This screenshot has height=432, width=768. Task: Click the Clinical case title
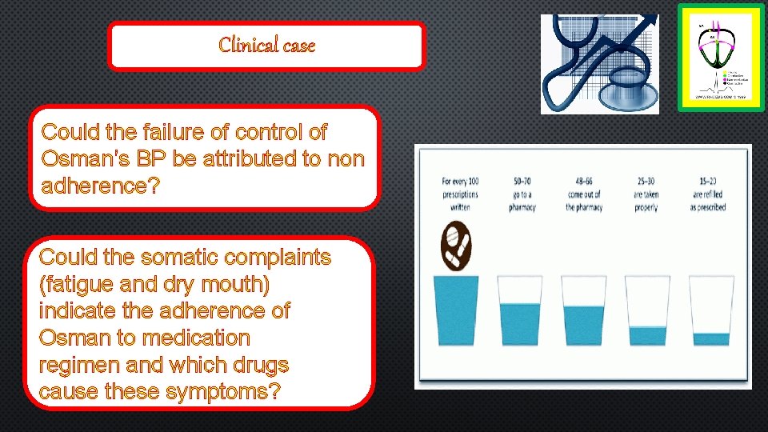(x=266, y=46)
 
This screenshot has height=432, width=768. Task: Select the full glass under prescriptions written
(x=456, y=310)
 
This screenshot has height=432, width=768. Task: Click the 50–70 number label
(x=522, y=181)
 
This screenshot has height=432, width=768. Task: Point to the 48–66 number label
(x=584, y=181)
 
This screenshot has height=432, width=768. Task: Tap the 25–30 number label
(x=646, y=181)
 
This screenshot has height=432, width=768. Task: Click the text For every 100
(x=460, y=181)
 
